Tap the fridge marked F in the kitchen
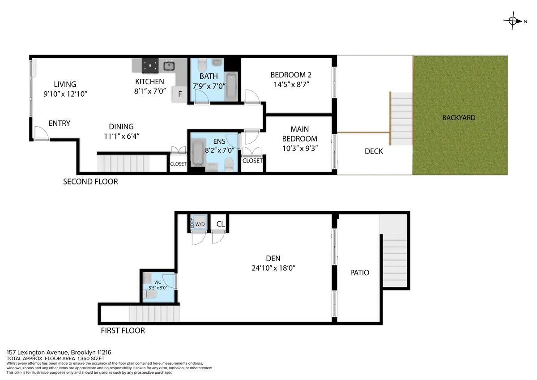click(x=180, y=94)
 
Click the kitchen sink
click(x=169, y=66)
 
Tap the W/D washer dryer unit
click(x=200, y=224)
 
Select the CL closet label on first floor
click(x=220, y=224)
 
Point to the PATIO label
click(x=360, y=273)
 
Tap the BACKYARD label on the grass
click(x=459, y=118)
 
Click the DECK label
click(x=374, y=151)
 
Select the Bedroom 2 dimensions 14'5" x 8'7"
click(x=290, y=84)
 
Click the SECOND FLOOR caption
click(x=90, y=182)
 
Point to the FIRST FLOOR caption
click(x=122, y=331)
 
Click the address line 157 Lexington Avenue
click(x=51, y=353)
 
